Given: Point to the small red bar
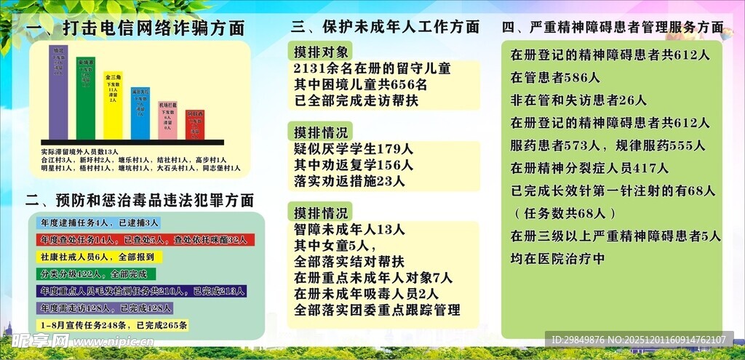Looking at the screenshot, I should click(194, 125).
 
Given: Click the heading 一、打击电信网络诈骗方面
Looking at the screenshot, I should click(135, 29).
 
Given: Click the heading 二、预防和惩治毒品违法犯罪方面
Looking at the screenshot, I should click(140, 200).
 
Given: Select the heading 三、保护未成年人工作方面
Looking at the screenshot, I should click(385, 28).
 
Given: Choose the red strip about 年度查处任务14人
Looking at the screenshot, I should click(143, 239).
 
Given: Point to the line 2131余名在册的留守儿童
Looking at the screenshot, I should click(372, 68).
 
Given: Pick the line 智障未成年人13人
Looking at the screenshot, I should click(349, 230).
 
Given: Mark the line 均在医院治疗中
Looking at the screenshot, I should click(558, 258).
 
